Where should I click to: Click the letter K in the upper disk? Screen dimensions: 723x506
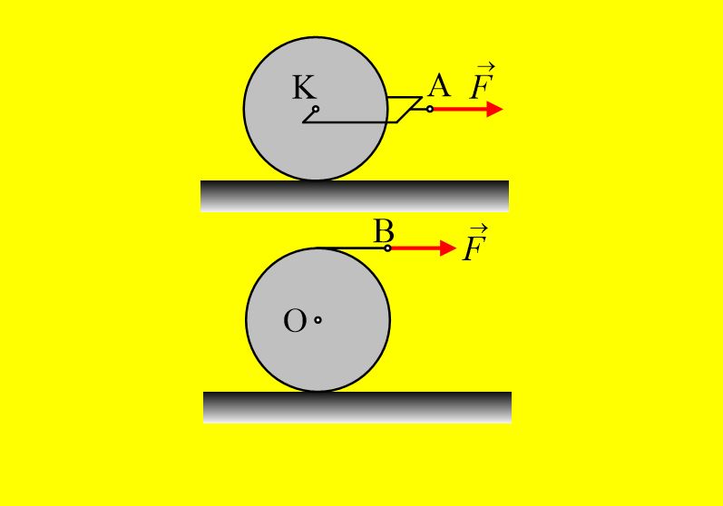point(304,87)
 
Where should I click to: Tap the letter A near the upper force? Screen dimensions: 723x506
point(438,85)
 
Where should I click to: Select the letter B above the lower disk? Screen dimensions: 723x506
point(383,231)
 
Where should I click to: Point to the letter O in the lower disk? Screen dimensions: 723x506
point(295,321)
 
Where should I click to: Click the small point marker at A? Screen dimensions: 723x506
point(430,109)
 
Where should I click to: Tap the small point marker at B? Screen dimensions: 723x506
point(387,248)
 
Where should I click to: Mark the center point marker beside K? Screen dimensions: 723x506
point(316,109)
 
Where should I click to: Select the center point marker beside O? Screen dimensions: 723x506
point(318,320)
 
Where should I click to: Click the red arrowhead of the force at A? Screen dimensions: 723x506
point(494,109)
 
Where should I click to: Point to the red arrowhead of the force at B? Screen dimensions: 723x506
point(448,248)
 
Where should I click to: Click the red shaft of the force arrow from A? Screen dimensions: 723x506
point(460,109)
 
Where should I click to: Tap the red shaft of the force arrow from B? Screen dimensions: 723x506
point(415,248)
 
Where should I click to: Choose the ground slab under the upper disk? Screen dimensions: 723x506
point(355,196)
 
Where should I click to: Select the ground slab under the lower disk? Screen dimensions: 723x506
point(357,407)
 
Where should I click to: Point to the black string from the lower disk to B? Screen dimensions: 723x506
point(352,248)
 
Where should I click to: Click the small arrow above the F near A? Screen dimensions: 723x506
point(486,67)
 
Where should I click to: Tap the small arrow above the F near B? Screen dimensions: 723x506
point(480,229)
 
